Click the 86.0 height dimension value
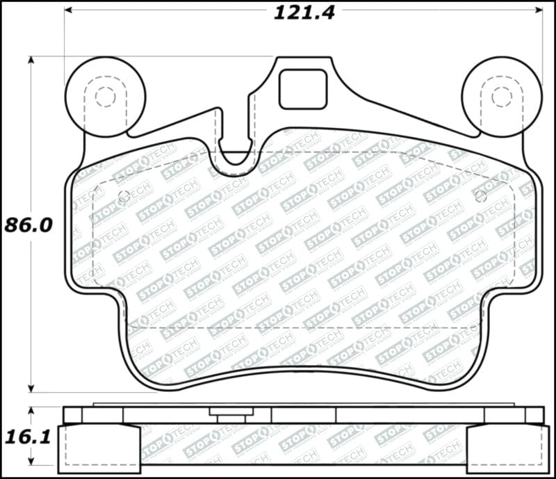[28, 225]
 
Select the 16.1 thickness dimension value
[28, 437]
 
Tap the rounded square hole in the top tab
[302, 89]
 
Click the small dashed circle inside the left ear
[106, 97]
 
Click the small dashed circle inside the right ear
[502, 97]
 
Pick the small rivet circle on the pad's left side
[124, 196]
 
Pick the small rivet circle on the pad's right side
[480, 196]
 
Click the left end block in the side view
[99, 448]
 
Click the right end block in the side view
[506, 448]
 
